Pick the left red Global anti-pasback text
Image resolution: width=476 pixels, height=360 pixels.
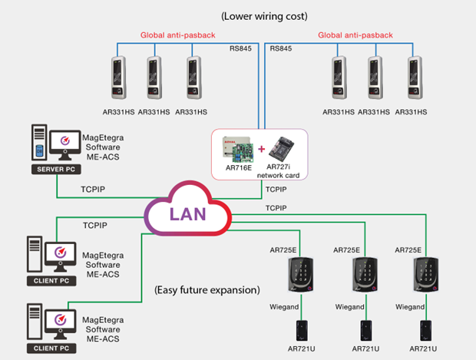pyautogui.click(x=174, y=35)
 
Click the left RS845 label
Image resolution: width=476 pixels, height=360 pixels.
pyautogui.click(x=241, y=49)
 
